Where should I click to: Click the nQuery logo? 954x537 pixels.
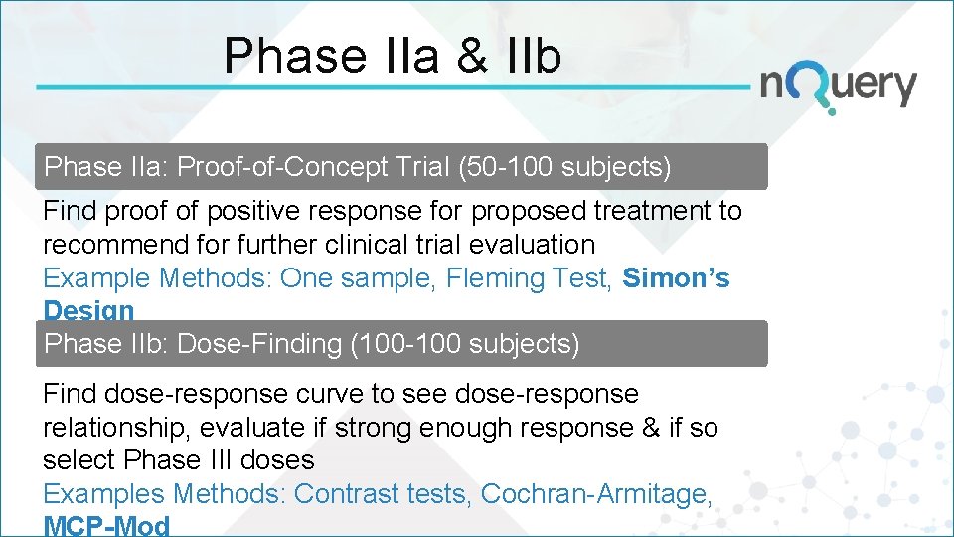(838, 87)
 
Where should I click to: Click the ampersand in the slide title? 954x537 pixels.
(471, 56)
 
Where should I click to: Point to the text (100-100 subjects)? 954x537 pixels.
(465, 344)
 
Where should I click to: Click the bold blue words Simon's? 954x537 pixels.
(676, 278)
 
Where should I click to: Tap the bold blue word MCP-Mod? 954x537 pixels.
(106, 526)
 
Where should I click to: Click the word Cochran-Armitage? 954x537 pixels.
(596, 493)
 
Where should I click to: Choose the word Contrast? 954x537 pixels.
(348, 493)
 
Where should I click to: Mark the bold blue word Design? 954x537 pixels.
(88, 310)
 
